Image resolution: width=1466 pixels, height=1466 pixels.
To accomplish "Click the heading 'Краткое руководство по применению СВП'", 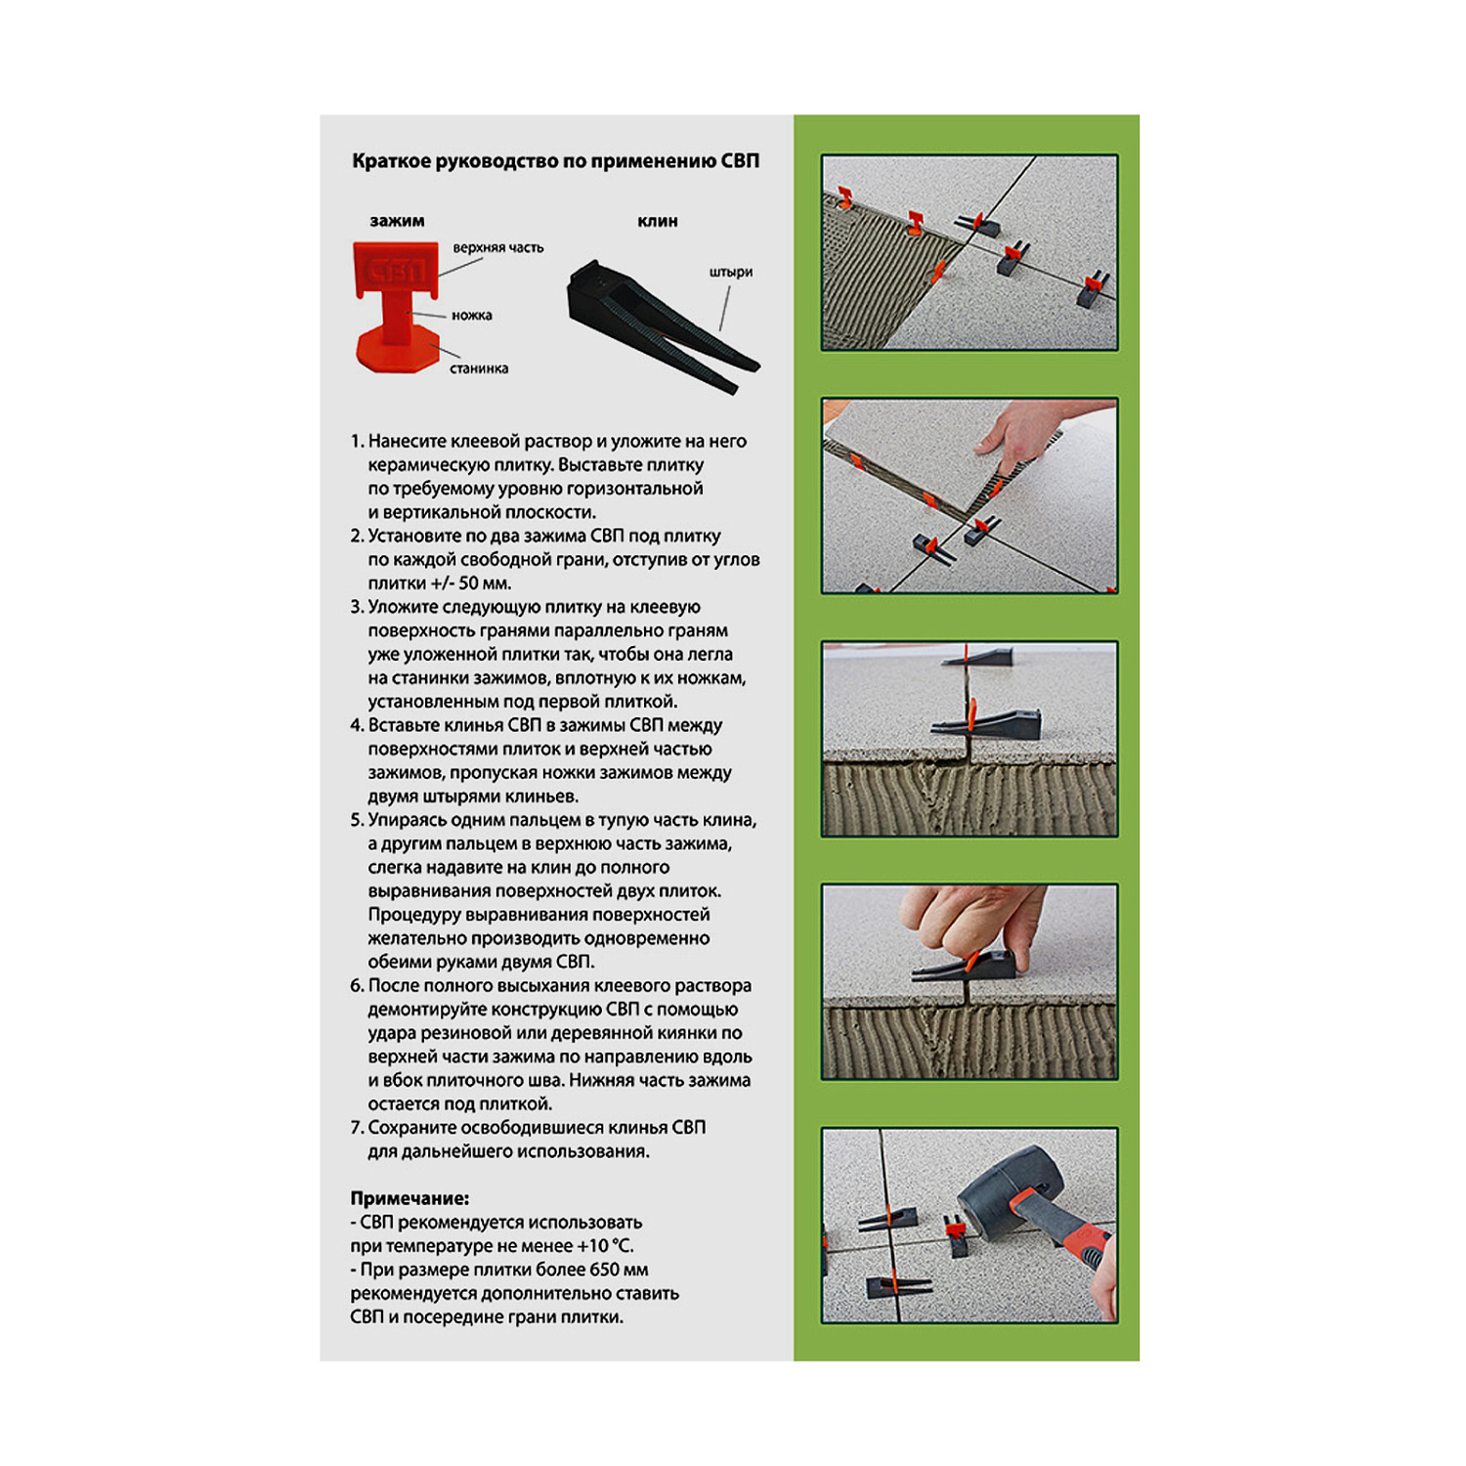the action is (x=555, y=161).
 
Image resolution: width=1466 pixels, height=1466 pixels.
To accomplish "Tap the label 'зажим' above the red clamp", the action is (x=397, y=221).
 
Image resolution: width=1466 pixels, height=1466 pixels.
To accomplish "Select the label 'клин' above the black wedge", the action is (x=658, y=221).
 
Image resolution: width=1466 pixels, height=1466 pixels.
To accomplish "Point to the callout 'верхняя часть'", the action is (x=497, y=248).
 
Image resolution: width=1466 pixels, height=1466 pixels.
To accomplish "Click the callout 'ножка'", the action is (x=472, y=316).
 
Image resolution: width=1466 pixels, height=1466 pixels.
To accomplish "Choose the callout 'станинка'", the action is (x=479, y=368).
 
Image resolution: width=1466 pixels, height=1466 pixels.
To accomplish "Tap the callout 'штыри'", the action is (x=731, y=272).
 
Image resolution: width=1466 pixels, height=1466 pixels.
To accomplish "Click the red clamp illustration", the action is (x=396, y=306).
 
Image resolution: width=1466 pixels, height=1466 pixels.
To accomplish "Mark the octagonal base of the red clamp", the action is (x=395, y=352).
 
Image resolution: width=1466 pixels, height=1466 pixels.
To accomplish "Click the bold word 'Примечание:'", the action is (x=410, y=1198).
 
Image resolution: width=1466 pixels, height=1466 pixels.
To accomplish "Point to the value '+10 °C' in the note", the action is (x=605, y=1246).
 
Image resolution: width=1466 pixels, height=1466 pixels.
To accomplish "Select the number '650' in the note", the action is (x=604, y=1270).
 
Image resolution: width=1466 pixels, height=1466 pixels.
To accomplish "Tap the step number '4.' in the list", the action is (x=357, y=725).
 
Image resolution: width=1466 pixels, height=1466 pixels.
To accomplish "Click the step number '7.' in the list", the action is (x=357, y=1128).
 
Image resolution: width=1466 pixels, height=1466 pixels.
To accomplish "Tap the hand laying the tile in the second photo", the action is (x=1021, y=435).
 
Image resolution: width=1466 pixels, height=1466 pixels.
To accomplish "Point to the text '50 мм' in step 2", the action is (x=483, y=583).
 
